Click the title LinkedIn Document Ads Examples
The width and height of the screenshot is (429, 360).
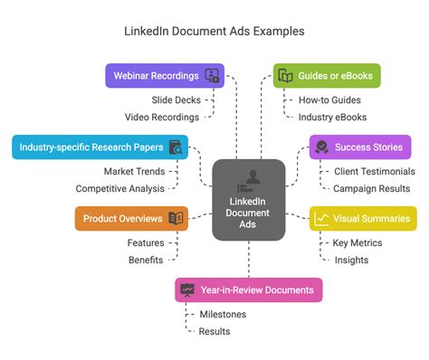tap(214, 31)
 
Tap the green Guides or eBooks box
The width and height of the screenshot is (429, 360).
tap(327, 75)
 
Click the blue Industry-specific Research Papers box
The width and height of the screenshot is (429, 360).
tap(100, 147)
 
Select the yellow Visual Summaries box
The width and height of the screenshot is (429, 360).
tap(362, 218)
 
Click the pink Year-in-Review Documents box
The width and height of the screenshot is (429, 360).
tap(249, 289)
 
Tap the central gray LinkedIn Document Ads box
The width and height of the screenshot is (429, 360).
tap(249, 199)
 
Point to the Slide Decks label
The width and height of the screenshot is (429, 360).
tap(177, 99)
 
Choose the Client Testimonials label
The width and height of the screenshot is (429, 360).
tap(374, 171)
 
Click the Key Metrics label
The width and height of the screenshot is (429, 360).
tap(357, 242)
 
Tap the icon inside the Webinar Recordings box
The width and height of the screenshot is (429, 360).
tap(213, 75)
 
